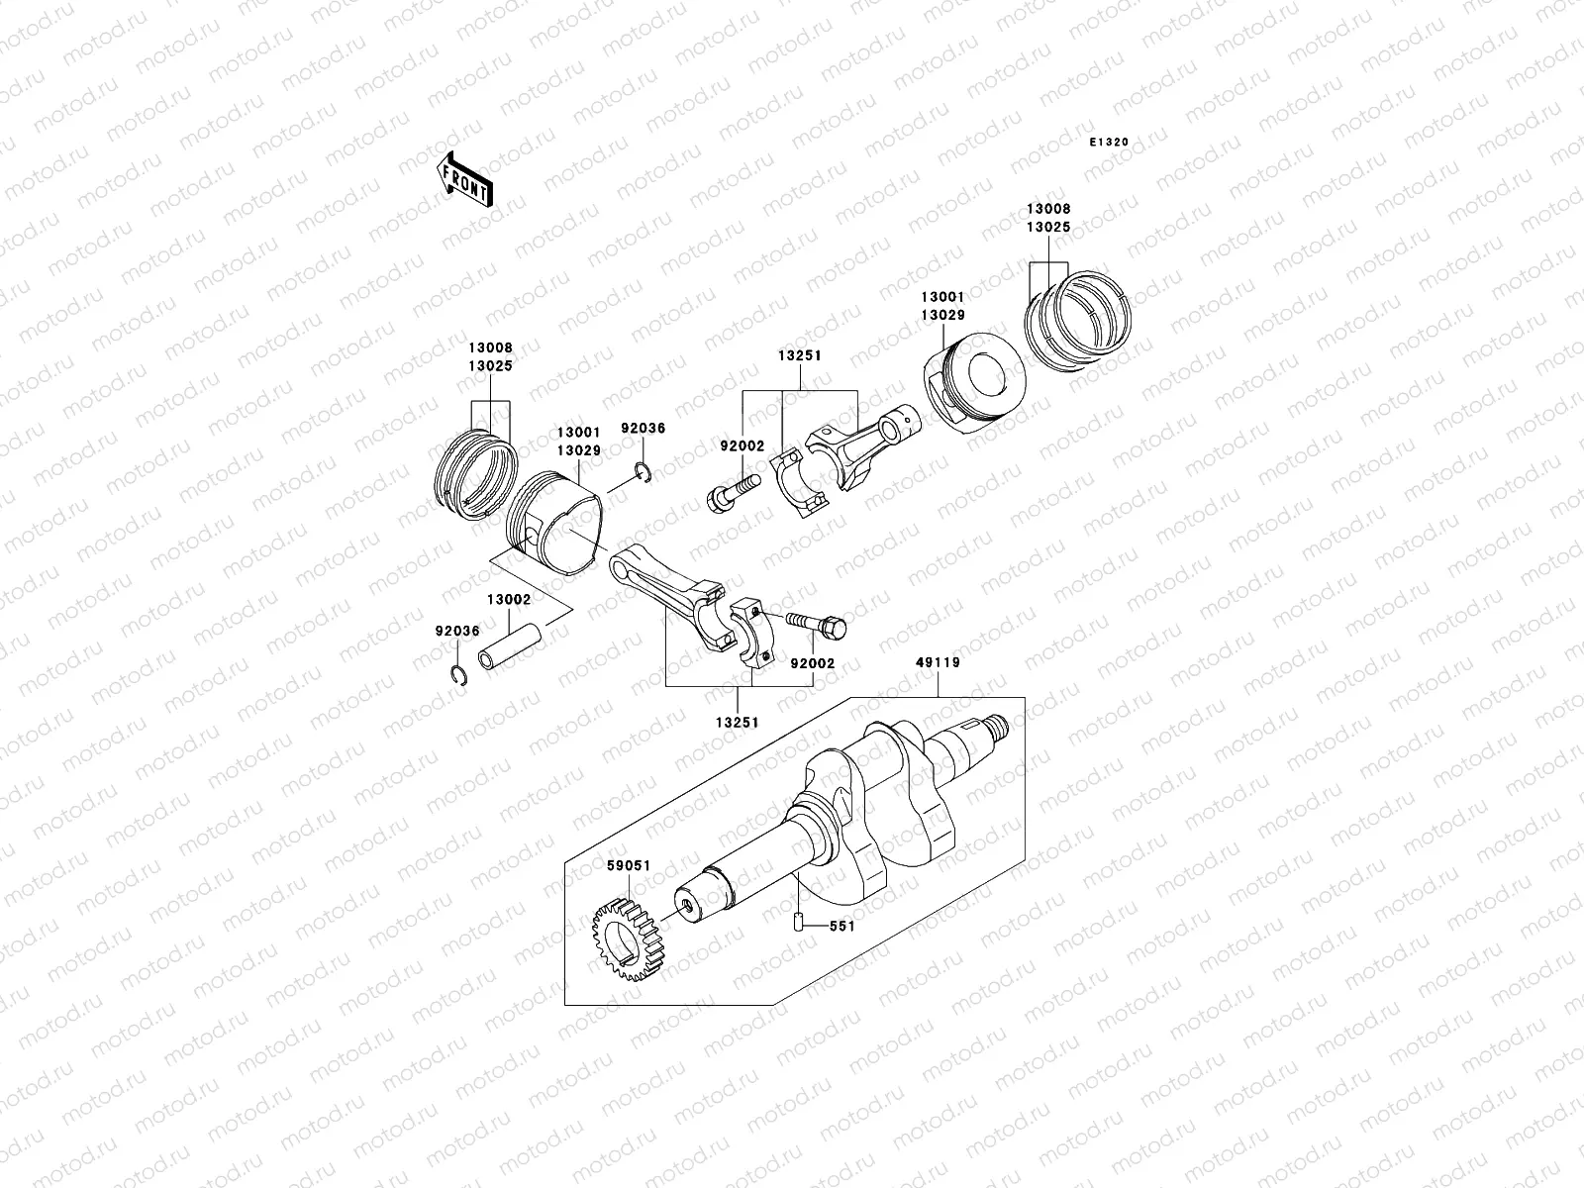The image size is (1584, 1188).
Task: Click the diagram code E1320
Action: pyautogui.click(x=1109, y=143)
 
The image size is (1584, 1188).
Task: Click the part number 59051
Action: pyautogui.click(x=629, y=865)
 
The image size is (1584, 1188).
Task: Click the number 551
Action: pyautogui.click(x=841, y=927)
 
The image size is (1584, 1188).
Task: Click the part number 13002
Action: pyautogui.click(x=508, y=600)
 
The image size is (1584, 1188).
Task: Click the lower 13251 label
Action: pyautogui.click(x=737, y=723)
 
